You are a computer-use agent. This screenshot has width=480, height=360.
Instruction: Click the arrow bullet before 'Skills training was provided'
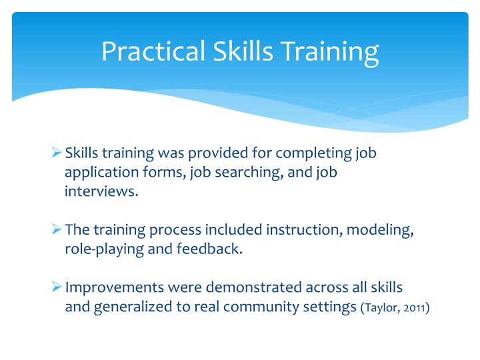[x=57, y=153]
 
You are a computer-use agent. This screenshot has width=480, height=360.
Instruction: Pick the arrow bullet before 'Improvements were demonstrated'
[x=57, y=288]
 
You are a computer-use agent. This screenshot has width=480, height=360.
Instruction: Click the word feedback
[x=213, y=250]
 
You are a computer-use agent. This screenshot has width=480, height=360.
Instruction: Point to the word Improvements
[x=111, y=288]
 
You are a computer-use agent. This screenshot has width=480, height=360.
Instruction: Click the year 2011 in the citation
[x=415, y=308]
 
